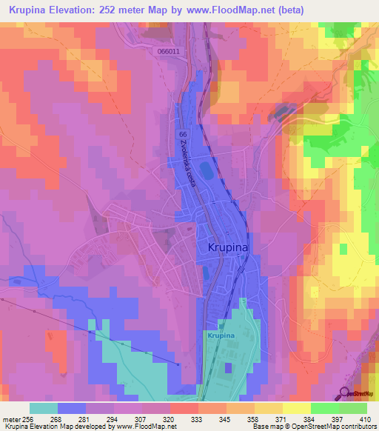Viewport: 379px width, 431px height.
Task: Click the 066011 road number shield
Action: coord(169,52)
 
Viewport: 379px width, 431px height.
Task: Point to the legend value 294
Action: coord(113,418)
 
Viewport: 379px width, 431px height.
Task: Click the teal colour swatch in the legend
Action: coord(43,408)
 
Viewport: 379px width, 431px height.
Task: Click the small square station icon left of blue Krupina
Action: coord(221,326)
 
